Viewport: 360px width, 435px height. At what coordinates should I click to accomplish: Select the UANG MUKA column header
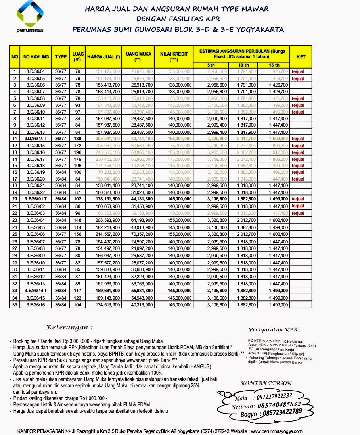click(138, 56)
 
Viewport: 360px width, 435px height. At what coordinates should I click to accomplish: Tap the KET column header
click(301, 57)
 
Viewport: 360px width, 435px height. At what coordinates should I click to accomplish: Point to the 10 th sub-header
click(243, 65)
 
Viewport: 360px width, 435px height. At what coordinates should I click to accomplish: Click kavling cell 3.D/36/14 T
click(36, 139)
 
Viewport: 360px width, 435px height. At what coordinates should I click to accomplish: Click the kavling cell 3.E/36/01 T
click(36, 199)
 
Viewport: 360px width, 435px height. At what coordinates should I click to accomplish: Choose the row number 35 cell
click(15, 305)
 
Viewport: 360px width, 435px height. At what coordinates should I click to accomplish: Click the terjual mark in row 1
click(298, 71)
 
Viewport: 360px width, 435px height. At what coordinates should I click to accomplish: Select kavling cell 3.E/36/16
click(36, 305)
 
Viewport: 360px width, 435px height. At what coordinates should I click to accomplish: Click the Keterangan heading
click(70, 328)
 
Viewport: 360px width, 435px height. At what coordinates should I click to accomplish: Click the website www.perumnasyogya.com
click(276, 431)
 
